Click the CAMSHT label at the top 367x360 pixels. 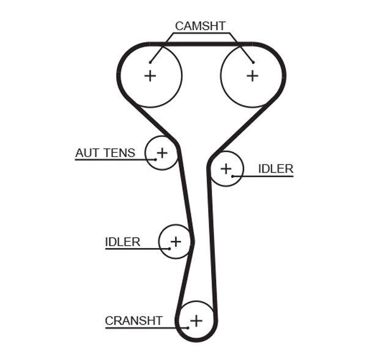pos(200,26)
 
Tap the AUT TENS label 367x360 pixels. pos(105,153)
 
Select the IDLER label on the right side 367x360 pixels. pos(275,169)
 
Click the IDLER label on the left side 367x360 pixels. pos(122,241)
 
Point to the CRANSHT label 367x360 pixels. pos(133,320)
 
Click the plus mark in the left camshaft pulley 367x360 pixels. pos(150,75)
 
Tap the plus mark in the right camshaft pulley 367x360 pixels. pos(252,75)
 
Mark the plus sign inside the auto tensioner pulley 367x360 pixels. pos(162,152)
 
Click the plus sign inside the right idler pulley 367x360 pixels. pos(226,168)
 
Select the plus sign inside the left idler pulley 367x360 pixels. pos(176,241)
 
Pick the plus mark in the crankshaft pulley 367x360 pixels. pos(196,320)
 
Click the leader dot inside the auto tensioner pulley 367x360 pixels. pos(155,160)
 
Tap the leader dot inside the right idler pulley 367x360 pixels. pos(233,176)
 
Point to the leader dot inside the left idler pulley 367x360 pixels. pos(169,249)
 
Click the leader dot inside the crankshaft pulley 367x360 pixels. pos(188,328)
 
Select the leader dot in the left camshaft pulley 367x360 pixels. pos(150,62)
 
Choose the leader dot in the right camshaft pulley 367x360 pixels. pos(252,62)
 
